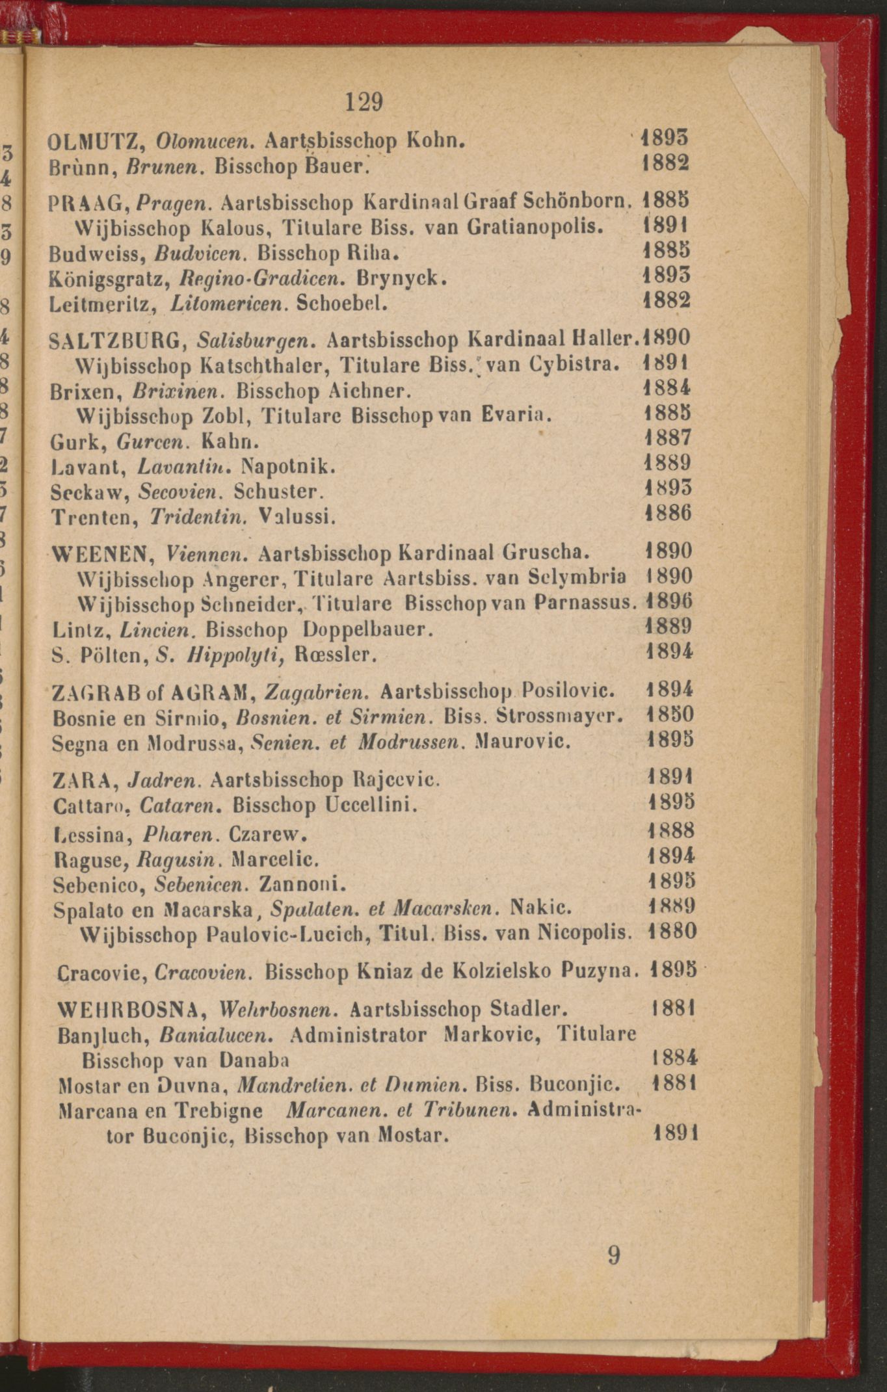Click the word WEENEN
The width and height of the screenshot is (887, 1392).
[101, 555]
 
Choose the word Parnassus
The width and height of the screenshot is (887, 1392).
[585, 602]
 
